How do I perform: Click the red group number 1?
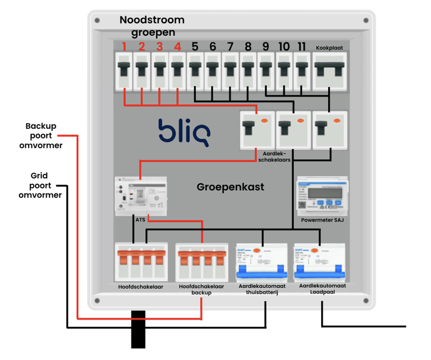[124, 47]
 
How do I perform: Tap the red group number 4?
[177, 47]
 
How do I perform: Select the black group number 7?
[230, 47]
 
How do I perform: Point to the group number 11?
[301, 47]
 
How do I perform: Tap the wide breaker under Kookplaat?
[329, 71]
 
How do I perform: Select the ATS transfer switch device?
[140, 196]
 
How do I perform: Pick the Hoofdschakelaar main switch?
[140, 262]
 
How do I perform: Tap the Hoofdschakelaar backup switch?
[201, 262]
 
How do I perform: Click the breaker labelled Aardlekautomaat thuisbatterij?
[262, 262]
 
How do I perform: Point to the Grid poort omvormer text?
[40, 185]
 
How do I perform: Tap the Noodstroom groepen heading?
[152, 26]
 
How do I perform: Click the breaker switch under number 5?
[195, 71]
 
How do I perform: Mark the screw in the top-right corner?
[366, 20]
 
